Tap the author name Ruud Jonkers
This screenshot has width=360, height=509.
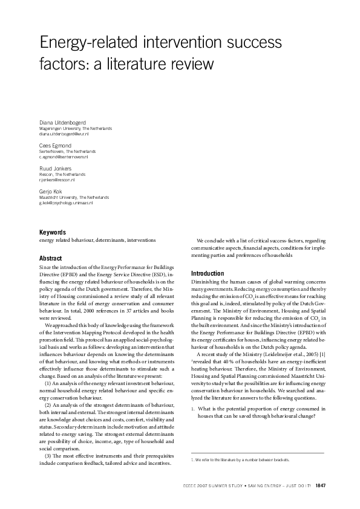click(x=56, y=169)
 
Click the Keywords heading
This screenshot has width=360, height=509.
click(x=53, y=232)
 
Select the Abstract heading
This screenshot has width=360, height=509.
click(x=50, y=258)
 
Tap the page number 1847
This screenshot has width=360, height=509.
click(x=321, y=485)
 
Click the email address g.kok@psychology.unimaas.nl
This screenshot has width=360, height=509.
click(x=66, y=203)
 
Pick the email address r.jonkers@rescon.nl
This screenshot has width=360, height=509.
click(x=57, y=180)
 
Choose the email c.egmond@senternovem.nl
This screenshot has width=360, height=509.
click(x=64, y=157)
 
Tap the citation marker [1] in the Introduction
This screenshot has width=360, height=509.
click(x=324, y=353)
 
